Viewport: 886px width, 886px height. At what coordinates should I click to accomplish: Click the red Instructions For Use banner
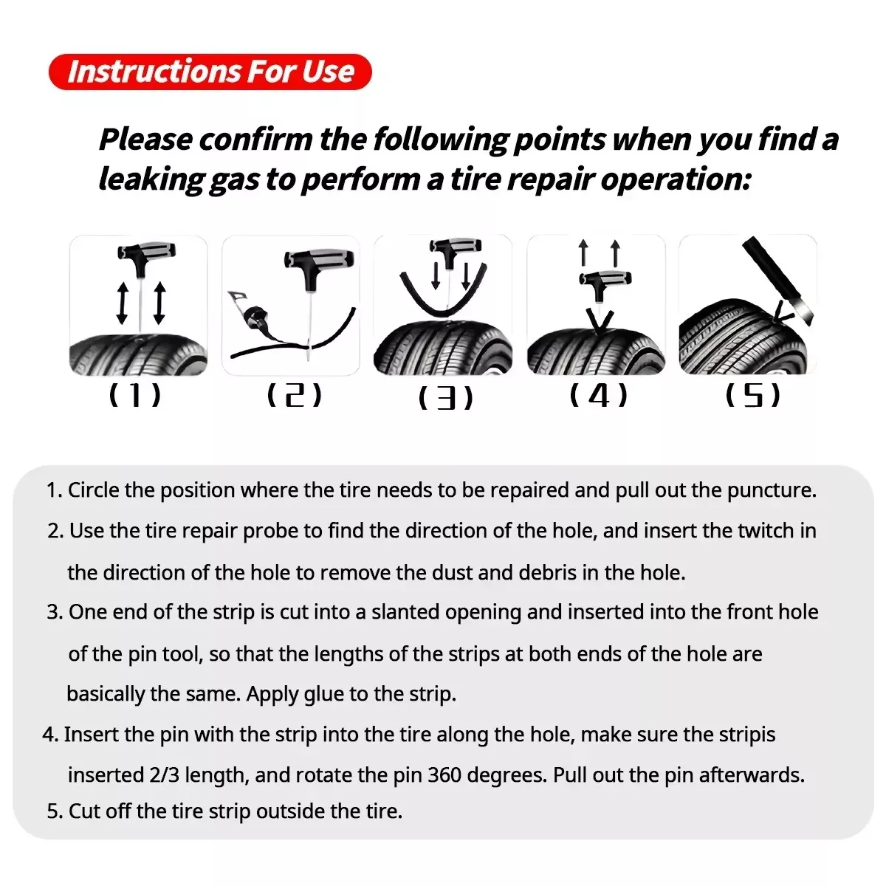coord(210,72)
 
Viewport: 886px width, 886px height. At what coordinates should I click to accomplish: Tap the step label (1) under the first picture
coord(134,396)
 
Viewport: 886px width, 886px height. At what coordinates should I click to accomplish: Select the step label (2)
coord(294,396)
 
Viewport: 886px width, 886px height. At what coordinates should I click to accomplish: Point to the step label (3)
coord(445,399)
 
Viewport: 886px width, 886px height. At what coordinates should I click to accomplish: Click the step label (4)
coord(599,396)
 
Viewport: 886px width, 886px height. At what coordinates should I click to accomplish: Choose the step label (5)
coord(752,396)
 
